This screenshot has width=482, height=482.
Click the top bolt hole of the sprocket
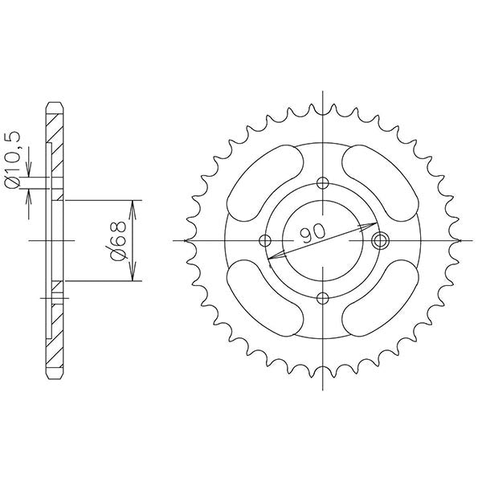[x=323, y=182]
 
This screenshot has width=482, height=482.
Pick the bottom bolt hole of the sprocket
[x=323, y=298]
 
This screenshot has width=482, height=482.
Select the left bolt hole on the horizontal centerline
[x=265, y=239]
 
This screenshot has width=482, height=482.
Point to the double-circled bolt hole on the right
[x=381, y=239]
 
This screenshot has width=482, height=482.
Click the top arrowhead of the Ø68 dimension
[x=133, y=204]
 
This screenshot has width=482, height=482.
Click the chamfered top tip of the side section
[x=54, y=104]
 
